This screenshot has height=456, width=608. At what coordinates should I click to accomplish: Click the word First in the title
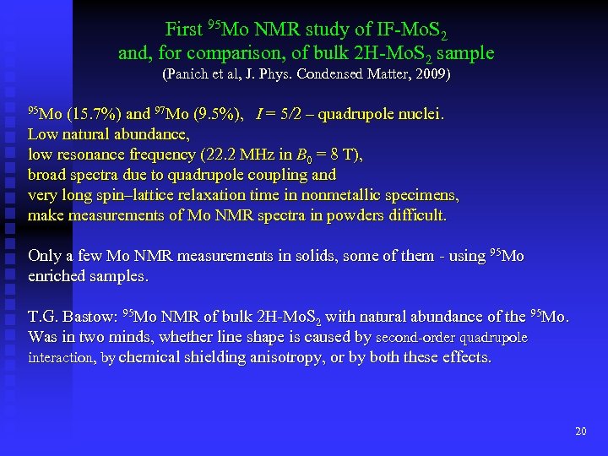[x=183, y=30]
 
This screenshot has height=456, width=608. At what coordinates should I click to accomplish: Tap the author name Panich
[x=190, y=74]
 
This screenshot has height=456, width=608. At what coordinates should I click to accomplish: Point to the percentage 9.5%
[x=218, y=114]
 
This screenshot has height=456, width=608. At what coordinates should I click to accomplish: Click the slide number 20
[x=580, y=432]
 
